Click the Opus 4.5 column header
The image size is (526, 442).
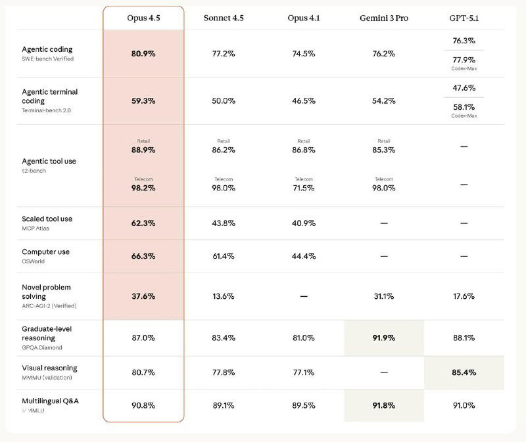143,18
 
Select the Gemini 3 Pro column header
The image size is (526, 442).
383,18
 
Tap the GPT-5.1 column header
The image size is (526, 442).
464,18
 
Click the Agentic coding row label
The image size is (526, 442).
47,49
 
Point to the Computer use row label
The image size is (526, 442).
45,252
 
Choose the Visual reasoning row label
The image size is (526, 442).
49,368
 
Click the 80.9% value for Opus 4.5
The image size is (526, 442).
143,54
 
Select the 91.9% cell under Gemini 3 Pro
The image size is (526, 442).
383,338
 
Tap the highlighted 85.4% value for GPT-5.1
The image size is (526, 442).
464,373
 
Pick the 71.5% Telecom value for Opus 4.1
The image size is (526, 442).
303,188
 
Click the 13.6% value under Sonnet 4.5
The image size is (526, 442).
224,296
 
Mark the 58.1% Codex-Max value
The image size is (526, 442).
464,106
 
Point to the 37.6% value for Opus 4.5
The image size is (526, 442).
143,296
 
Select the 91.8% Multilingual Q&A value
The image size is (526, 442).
383,405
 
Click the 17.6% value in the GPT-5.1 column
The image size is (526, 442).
464,296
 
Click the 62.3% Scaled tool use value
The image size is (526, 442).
143,223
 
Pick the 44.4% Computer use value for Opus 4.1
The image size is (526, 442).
303,256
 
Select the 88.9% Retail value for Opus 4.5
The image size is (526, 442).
143,150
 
